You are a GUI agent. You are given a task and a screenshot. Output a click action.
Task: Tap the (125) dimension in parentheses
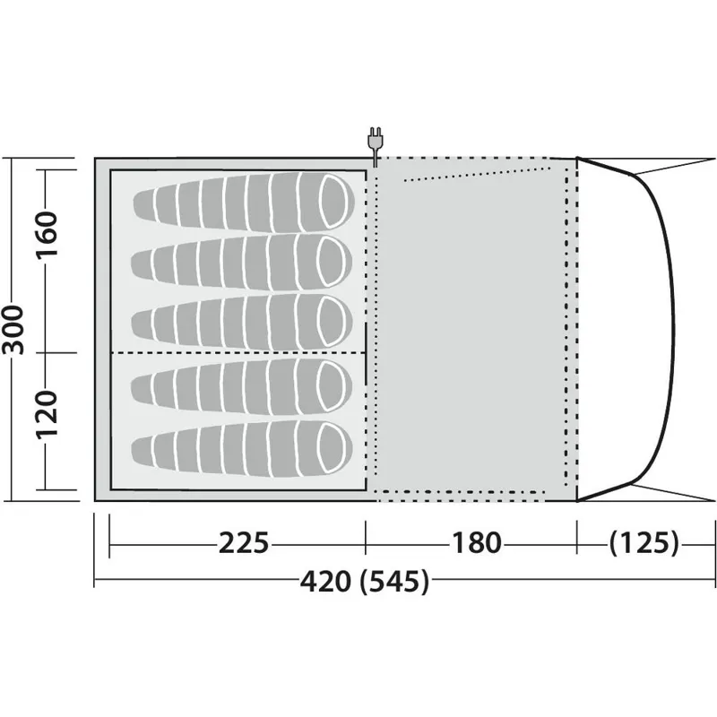tap(644, 543)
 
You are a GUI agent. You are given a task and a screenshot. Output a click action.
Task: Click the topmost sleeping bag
tap(242, 196)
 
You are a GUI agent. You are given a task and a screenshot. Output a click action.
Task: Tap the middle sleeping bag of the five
tap(242, 319)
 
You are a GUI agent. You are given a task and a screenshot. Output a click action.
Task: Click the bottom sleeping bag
tap(242, 445)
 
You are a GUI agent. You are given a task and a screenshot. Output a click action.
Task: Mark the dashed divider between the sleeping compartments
tap(238, 353)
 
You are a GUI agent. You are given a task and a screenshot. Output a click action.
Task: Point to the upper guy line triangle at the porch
tap(654, 163)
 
